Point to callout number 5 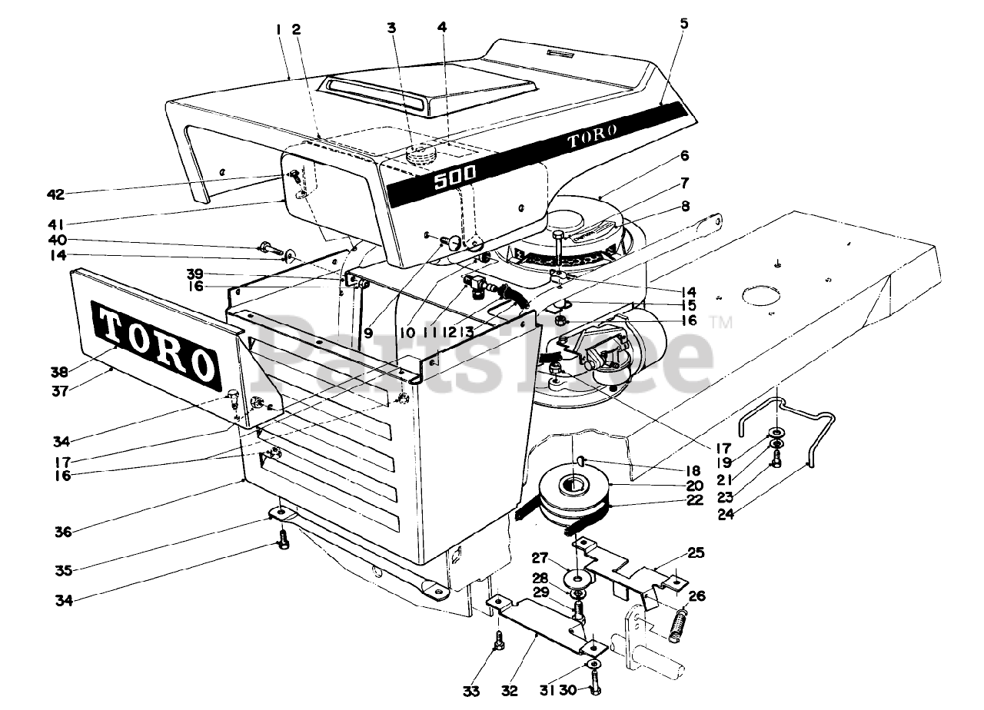coord(684,23)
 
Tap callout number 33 coord(472,691)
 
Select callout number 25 coord(696,552)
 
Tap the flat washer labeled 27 coord(577,576)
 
